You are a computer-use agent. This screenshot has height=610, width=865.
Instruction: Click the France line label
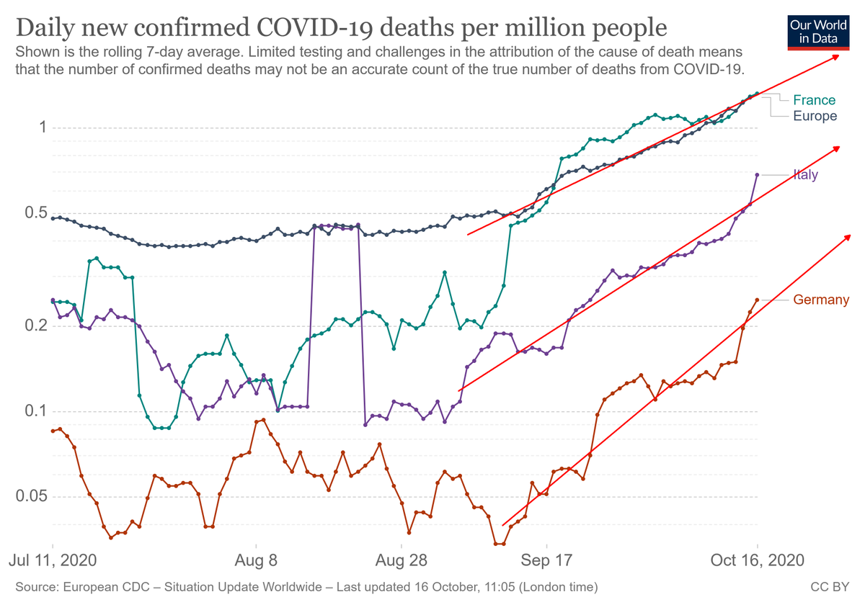814,100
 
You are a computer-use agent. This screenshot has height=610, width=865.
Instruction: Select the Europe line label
815,116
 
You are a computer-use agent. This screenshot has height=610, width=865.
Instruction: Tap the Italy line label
805,175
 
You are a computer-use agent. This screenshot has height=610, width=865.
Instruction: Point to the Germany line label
821,300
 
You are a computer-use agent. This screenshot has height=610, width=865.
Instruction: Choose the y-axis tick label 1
43,127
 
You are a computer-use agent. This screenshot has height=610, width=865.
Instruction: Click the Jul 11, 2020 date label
52,560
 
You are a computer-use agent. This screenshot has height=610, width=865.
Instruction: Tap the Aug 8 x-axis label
256,560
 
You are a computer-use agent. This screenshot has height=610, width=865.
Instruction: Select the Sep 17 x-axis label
546,560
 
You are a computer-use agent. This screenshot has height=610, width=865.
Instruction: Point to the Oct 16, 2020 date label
758,560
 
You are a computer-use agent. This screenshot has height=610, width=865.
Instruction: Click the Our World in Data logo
818,31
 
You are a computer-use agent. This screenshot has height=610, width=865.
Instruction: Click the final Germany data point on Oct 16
757,300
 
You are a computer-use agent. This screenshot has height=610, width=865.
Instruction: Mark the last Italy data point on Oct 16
757,175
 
